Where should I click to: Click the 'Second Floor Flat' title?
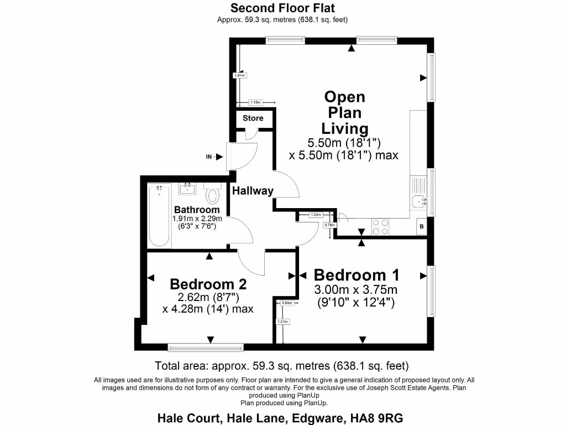tap(282, 8)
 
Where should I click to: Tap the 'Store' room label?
tap(253, 118)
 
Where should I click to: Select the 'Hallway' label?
tap(253, 191)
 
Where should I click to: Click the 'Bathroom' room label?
tap(197, 210)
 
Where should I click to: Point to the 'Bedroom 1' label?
tap(357, 275)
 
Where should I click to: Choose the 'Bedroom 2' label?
tap(208, 284)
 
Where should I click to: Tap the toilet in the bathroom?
tap(212, 194)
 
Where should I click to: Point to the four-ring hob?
tap(380, 227)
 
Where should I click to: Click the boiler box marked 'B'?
tap(422, 226)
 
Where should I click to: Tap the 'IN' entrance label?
tap(209, 157)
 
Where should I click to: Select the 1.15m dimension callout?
tap(255, 102)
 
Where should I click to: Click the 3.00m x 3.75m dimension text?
tap(356, 290)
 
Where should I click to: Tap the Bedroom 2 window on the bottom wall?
tap(206, 348)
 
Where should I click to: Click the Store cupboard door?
tap(251, 133)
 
